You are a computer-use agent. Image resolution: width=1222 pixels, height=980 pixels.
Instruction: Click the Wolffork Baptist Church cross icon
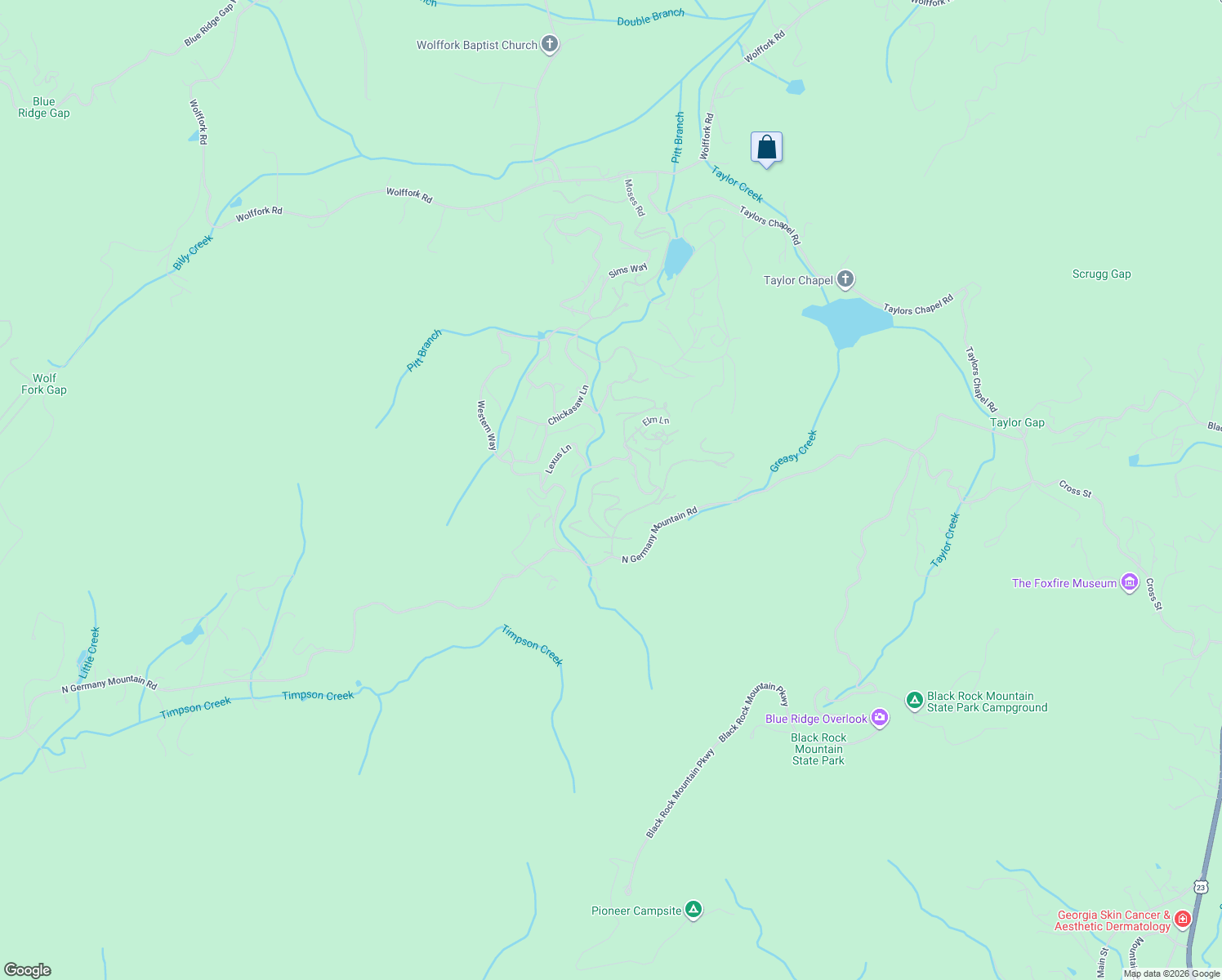click(550, 44)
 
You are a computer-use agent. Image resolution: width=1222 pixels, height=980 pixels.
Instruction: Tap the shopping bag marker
click(766, 148)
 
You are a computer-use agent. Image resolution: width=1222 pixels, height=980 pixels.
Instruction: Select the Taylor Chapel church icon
click(845, 279)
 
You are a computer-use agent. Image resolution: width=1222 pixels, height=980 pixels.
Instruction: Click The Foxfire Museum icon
click(1130, 582)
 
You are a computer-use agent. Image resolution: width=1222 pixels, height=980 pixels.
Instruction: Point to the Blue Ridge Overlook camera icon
click(879, 718)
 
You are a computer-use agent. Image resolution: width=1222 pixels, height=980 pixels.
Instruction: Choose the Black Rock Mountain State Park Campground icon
click(915, 700)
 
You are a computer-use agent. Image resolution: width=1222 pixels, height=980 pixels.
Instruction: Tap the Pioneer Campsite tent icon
click(694, 909)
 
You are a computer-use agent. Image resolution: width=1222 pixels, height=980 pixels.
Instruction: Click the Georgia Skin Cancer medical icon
click(1183, 920)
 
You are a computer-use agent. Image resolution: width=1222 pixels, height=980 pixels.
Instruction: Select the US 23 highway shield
click(1199, 886)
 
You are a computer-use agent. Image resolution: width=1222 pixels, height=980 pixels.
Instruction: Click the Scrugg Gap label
click(1101, 274)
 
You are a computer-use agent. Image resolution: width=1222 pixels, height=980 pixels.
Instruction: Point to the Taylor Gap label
click(1017, 422)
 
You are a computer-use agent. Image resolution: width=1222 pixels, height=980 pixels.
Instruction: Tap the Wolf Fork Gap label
click(44, 384)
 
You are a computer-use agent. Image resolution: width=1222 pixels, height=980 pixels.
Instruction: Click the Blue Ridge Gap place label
click(44, 108)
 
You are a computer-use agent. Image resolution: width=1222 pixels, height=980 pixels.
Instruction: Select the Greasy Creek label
click(793, 451)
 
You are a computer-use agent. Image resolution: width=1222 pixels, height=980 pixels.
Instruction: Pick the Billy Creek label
click(193, 252)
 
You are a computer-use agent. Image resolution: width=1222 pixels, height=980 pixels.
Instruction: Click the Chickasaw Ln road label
click(569, 405)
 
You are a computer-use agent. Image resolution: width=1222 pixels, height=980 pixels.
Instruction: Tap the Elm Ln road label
click(656, 421)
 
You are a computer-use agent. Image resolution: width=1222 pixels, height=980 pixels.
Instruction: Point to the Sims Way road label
click(627, 270)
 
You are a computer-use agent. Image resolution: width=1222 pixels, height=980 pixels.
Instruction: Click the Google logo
click(28, 969)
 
